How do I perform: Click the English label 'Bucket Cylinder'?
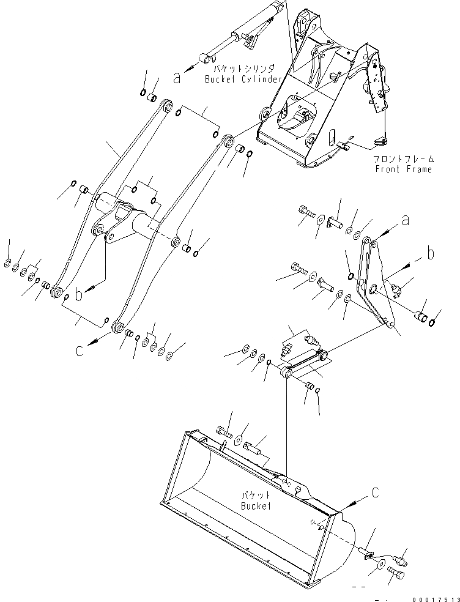[x=243, y=80]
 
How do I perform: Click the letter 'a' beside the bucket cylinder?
[x=177, y=78]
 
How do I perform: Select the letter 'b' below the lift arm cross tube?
[x=78, y=294]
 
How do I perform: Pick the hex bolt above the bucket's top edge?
[x=223, y=433]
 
